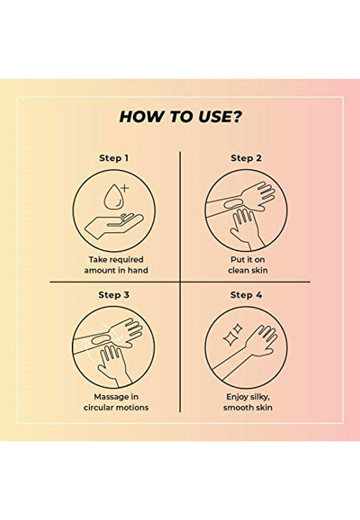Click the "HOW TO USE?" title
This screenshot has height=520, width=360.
pyautogui.click(x=181, y=116)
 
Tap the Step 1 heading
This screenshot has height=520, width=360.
pyautogui.click(x=114, y=158)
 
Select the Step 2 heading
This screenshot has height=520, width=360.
pyautogui.click(x=246, y=158)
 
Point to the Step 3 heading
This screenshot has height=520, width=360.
pyautogui.click(x=114, y=295)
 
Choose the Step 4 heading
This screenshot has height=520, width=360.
pyautogui.click(x=246, y=295)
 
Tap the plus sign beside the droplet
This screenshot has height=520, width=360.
pyautogui.click(x=124, y=189)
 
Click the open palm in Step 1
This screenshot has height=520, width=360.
pyautogui.click(x=114, y=226)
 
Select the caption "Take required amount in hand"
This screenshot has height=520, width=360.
pyautogui.click(x=116, y=265)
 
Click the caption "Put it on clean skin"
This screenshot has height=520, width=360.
pyautogui.click(x=248, y=265)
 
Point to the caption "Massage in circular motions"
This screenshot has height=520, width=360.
pyautogui.click(x=116, y=402)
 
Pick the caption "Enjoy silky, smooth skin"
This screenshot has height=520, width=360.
pyautogui.click(x=248, y=402)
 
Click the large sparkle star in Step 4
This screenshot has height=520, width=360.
pyautogui.click(x=229, y=339)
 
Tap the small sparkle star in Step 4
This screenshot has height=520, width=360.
pyautogui.click(x=238, y=329)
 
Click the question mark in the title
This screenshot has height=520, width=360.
pyautogui.click(x=236, y=116)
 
